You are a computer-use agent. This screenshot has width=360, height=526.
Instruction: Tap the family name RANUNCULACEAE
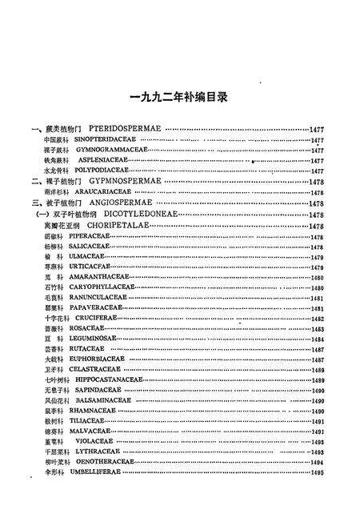(98, 298)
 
